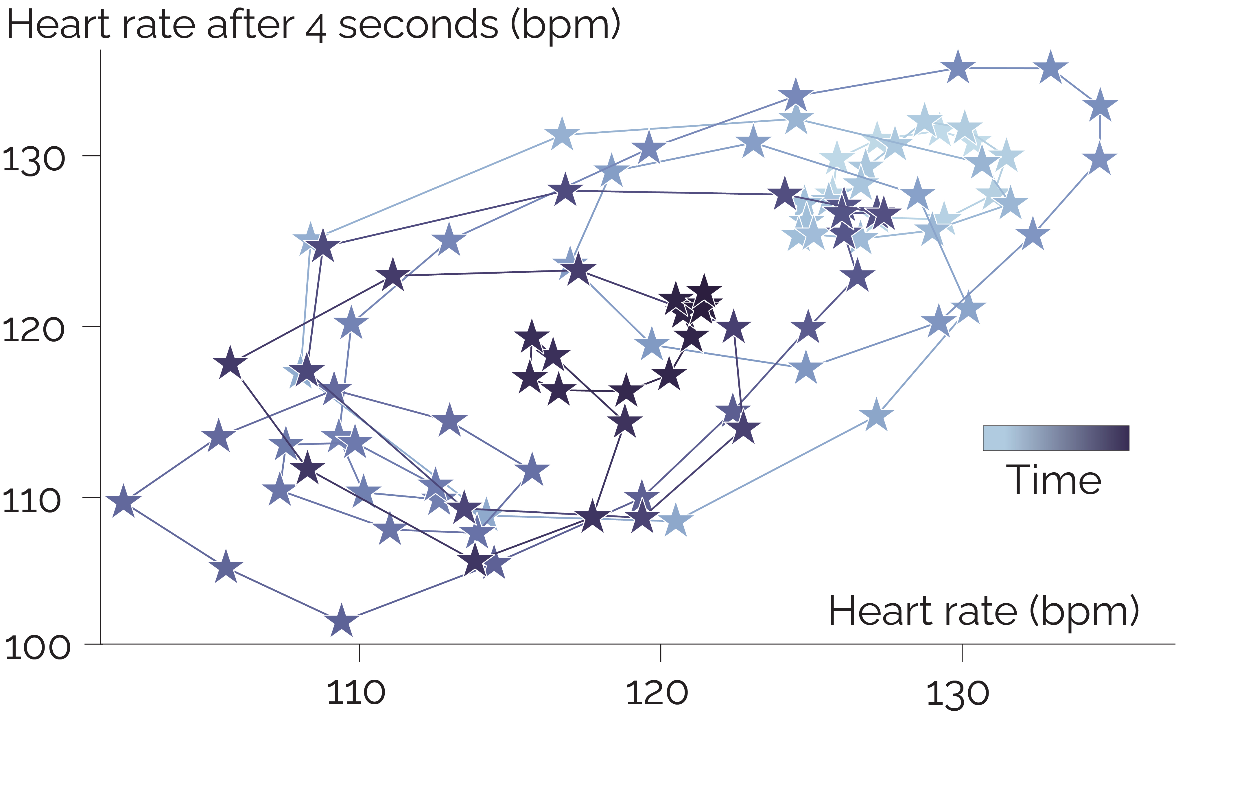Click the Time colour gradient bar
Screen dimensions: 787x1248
1056,438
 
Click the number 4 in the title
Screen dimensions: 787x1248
316,29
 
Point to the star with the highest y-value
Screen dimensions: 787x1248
958,67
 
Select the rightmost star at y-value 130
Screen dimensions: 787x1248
1099,159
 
